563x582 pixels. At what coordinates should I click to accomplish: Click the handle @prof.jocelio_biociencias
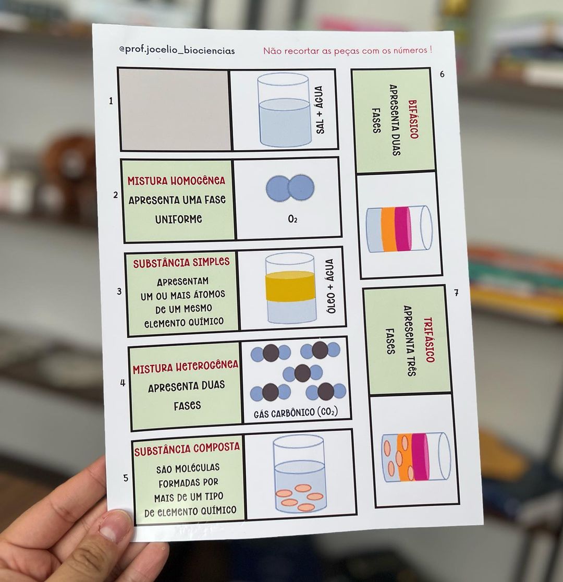(177, 50)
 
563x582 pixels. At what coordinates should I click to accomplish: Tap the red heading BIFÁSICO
(413, 119)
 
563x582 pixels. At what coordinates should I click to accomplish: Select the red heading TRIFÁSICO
(429, 339)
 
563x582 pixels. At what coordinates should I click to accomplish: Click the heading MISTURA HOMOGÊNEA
(176, 181)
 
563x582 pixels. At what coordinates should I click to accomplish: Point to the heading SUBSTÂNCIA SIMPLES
(181, 262)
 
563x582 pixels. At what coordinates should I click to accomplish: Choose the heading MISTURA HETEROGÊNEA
(186, 367)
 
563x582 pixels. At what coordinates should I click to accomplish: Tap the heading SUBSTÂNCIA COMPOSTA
(187, 449)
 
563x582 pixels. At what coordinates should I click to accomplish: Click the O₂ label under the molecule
(293, 219)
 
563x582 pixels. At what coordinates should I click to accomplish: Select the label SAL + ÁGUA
(320, 110)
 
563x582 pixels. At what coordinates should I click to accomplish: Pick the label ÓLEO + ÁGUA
(331, 286)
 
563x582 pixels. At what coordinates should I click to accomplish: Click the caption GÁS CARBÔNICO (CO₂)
(296, 413)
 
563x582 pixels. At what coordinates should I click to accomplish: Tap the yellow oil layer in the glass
(290, 286)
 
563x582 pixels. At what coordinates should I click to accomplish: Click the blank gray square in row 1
(175, 110)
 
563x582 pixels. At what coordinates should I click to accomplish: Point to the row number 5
(126, 478)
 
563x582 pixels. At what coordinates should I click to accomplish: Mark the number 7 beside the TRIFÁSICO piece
(456, 293)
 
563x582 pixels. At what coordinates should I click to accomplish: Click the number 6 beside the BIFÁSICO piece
(442, 74)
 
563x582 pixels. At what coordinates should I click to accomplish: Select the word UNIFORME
(178, 219)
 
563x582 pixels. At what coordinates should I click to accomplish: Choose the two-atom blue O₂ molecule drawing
(290, 188)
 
